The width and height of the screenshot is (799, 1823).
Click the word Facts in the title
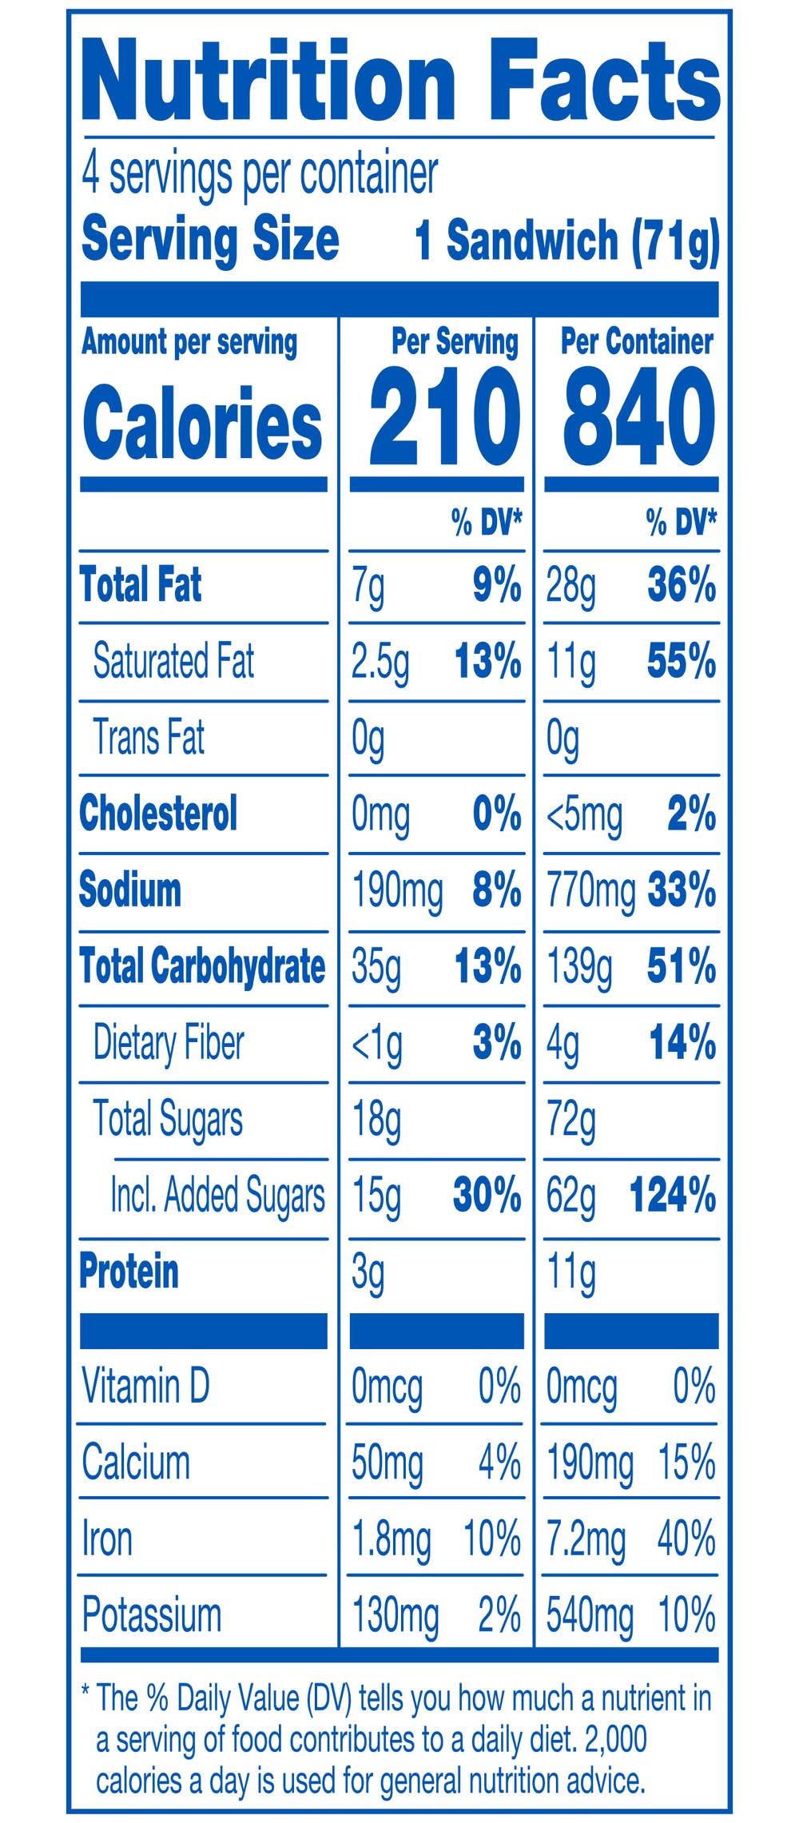[604, 80]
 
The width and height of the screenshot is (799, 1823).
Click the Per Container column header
[636, 342]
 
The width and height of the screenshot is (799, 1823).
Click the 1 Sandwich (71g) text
[566, 241]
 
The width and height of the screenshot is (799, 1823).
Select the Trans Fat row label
[149, 737]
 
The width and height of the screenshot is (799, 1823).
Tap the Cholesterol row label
[158, 814]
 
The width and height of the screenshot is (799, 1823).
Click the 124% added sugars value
[672, 1196]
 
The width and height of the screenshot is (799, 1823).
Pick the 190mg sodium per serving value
[397, 891]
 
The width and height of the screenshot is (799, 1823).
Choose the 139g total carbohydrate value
[579, 968]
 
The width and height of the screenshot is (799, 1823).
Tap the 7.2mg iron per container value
[586, 1539]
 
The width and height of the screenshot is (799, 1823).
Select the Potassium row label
[152, 1615]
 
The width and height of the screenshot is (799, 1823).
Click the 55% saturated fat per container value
[681, 662]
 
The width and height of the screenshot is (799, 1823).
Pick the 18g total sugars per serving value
[376, 1120]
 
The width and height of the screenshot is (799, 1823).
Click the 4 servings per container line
[260, 174]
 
